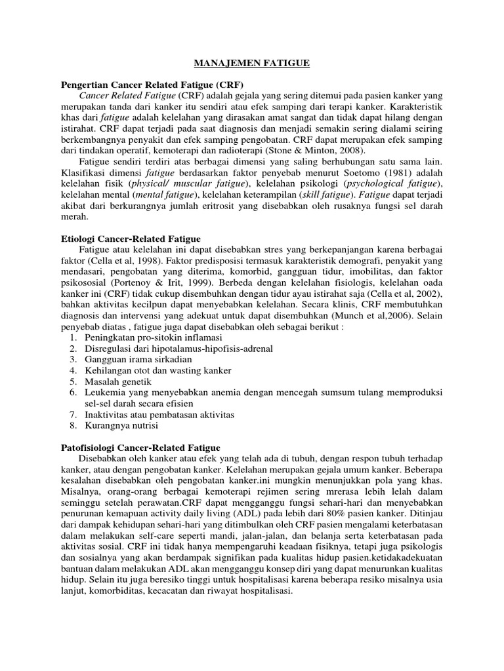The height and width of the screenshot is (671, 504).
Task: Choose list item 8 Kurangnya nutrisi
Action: [x=121, y=426]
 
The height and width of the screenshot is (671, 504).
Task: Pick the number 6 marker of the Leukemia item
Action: [x=73, y=392]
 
